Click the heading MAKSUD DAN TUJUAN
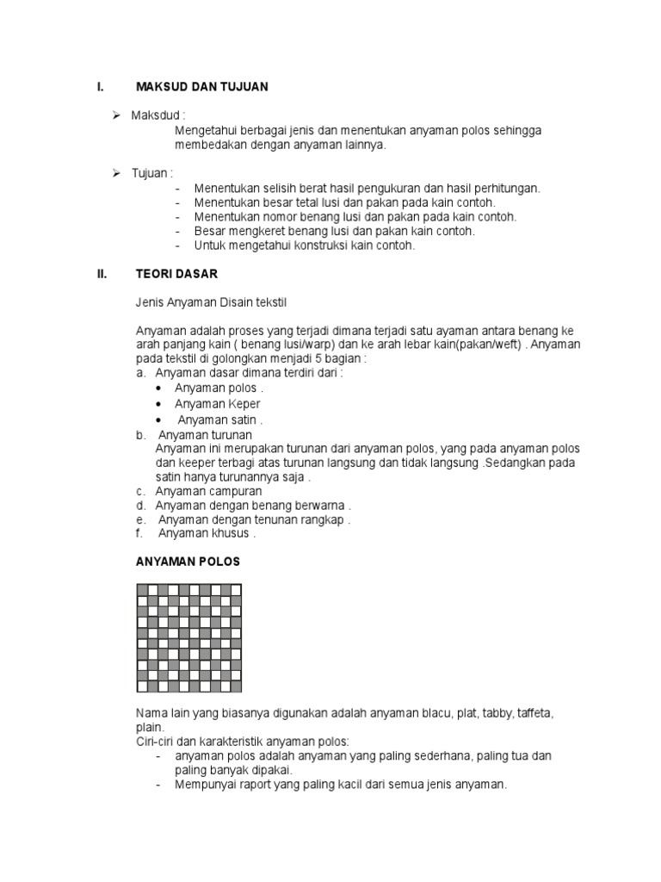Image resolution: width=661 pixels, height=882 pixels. pos(202,86)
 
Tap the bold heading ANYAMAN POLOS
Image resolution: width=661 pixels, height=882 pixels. pos(188,561)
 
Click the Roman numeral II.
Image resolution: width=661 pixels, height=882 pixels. pos(101,275)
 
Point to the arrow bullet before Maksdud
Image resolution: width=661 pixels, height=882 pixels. pos(117,115)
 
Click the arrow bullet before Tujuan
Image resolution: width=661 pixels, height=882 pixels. pos(117,173)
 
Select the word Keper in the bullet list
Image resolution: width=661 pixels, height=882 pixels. pos(244,403)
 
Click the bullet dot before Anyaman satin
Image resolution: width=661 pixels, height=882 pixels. pos(159,419)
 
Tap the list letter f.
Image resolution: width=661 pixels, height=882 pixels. pos(139,532)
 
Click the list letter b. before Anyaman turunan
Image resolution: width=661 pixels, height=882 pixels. pos(140,434)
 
